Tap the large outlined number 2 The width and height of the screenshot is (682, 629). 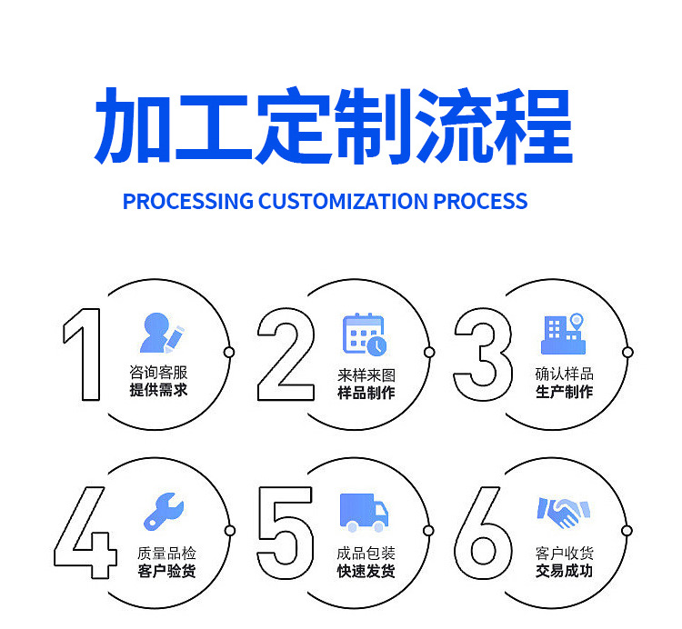click(x=286, y=354)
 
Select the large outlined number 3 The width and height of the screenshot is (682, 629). click(x=482, y=354)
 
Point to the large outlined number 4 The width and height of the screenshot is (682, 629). click(x=85, y=533)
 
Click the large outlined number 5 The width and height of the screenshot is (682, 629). click(x=286, y=533)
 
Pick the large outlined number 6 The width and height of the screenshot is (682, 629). click(x=482, y=533)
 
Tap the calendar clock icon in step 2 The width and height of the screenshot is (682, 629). click(x=364, y=334)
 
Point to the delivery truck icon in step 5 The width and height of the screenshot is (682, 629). click(x=364, y=513)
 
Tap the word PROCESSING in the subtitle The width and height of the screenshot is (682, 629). click(x=187, y=201)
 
